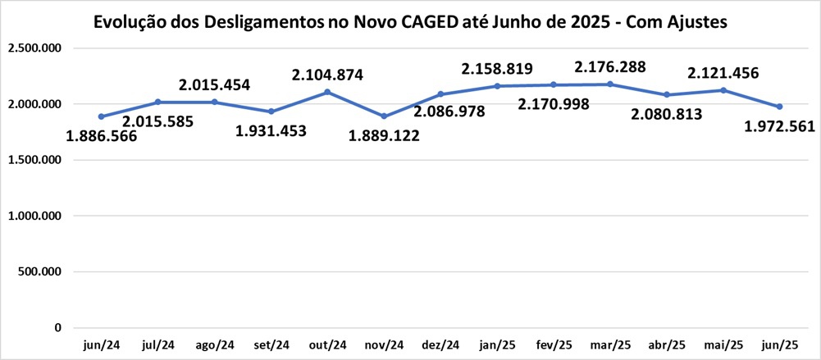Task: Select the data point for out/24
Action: click(x=328, y=92)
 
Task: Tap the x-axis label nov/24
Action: click(x=385, y=345)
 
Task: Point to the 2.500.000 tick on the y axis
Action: click(x=34, y=48)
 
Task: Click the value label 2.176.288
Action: click(x=609, y=66)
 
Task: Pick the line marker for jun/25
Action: click(x=779, y=107)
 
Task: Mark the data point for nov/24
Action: click(x=385, y=116)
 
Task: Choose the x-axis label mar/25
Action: click(x=610, y=345)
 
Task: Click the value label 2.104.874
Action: click(x=327, y=75)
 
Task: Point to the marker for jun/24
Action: click(x=102, y=116)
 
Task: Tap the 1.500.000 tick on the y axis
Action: click(x=34, y=160)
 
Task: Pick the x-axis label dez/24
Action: click(x=440, y=345)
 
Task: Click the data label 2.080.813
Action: click(x=667, y=114)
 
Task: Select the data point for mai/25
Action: click(x=723, y=90)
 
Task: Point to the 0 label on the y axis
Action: click(x=57, y=328)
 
